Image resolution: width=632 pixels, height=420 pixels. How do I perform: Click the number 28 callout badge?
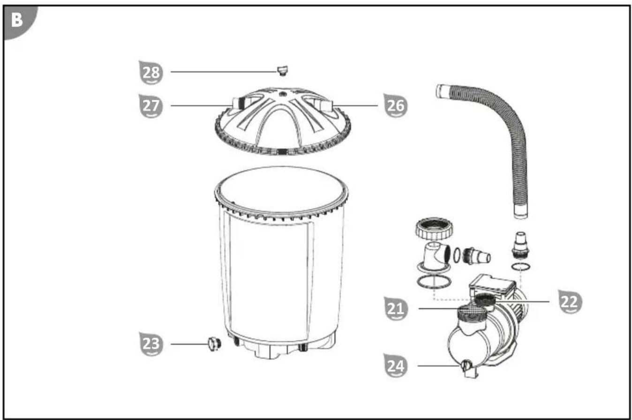pyautogui.click(x=151, y=73)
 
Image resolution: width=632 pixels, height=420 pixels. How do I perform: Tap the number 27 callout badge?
pyautogui.click(x=151, y=106)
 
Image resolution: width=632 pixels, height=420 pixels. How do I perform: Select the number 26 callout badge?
pyautogui.click(x=396, y=105)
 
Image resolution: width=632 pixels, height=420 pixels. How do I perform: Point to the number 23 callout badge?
pyautogui.click(x=151, y=344)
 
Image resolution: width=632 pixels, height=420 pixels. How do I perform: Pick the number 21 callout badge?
pyautogui.click(x=396, y=308)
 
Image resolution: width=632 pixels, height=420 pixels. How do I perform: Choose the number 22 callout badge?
pyautogui.click(x=570, y=302)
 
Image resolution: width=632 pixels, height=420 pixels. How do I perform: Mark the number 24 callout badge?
pyautogui.click(x=396, y=366)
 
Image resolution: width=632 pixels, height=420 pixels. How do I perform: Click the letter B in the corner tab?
pyautogui.click(x=17, y=20)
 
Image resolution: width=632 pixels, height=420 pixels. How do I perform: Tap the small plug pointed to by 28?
pyautogui.click(x=282, y=71)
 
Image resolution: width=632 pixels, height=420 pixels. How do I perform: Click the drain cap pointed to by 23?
pyautogui.click(x=214, y=344)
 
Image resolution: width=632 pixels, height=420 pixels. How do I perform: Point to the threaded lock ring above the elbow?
pyautogui.click(x=434, y=228)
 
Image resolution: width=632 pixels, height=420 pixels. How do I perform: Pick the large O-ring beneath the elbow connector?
pyautogui.click(x=434, y=282)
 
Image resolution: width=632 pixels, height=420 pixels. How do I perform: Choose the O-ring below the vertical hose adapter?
pyautogui.click(x=520, y=266)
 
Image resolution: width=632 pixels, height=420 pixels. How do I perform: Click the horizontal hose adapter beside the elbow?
pyautogui.click(x=476, y=256)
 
